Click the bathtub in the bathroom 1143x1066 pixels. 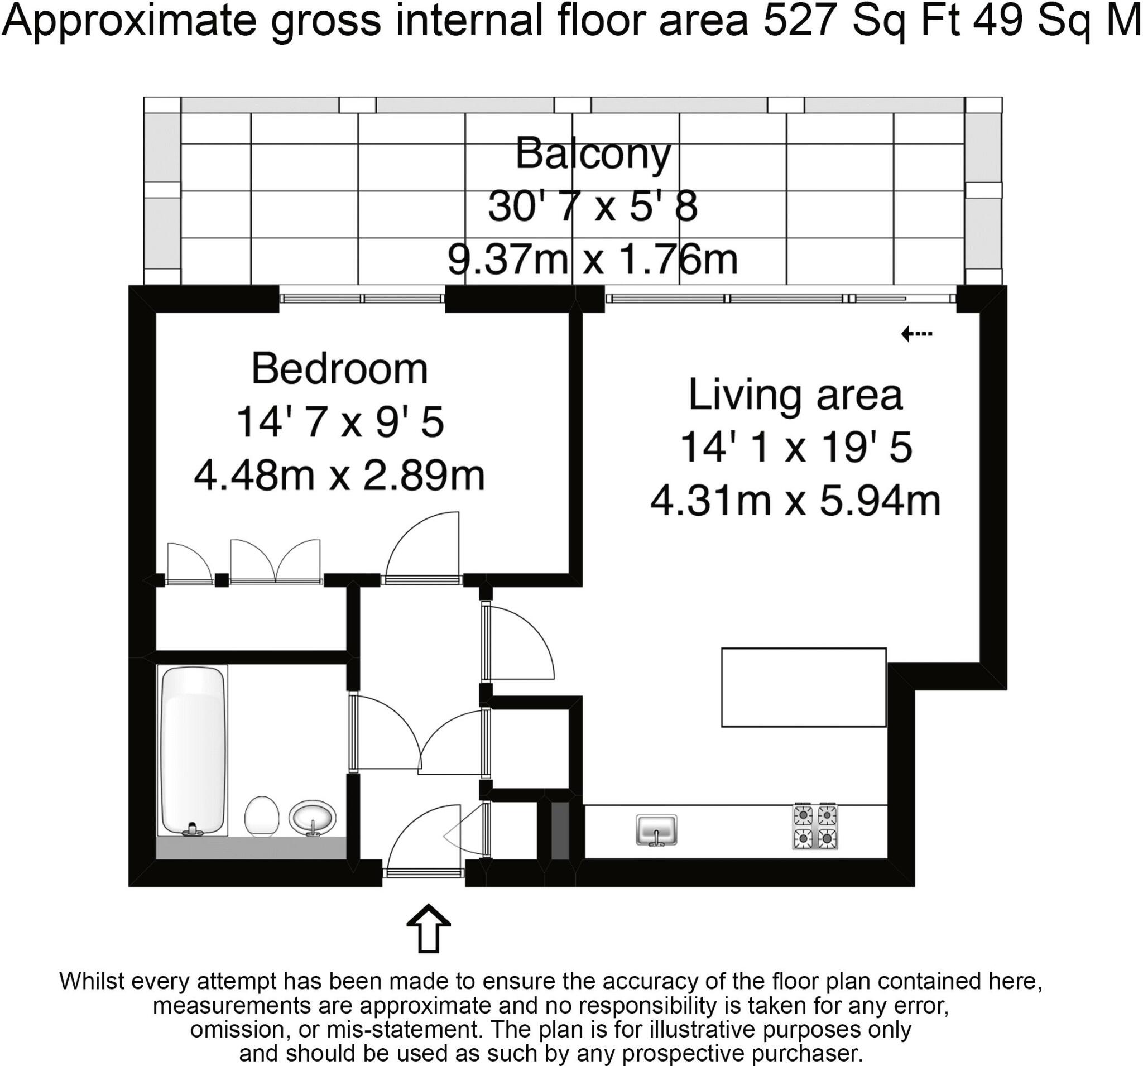pos(192,750)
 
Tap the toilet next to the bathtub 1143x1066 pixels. pos(262,817)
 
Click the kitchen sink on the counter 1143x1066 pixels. pos(656,830)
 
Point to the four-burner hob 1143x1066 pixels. pos(815,826)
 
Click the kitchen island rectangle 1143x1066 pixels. pos(803,688)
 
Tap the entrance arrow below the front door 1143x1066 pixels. pos(428,929)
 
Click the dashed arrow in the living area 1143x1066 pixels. pos(916,334)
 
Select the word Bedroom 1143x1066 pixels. pos(339,369)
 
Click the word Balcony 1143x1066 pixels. pos(593,154)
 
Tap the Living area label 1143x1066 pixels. pos(795,396)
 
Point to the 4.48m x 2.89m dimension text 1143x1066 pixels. pos(339,476)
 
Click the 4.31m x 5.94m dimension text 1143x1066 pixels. pos(795,501)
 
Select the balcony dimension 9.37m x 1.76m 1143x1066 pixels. pos(592,260)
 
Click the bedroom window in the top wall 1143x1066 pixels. pos(362,299)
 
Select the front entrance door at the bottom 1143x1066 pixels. pos(424,873)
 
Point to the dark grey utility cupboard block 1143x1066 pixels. pos(559,831)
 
